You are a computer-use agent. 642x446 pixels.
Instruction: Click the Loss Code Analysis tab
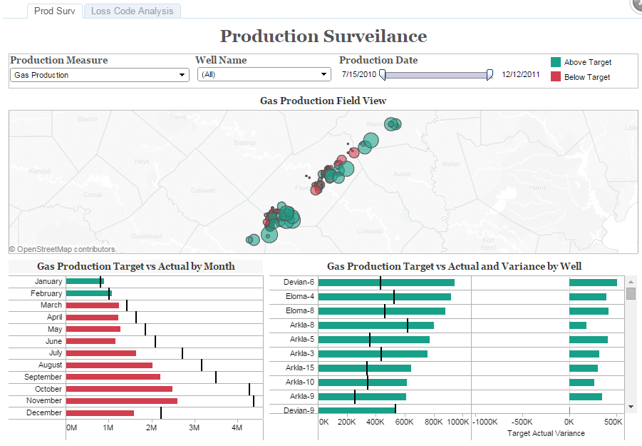(x=133, y=11)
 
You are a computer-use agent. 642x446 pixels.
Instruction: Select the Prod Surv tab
(x=54, y=11)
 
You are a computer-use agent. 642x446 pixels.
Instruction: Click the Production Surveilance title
(x=323, y=36)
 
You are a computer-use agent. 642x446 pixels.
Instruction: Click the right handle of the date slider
(x=490, y=75)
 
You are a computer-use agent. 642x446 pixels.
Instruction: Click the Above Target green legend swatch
(x=556, y=62)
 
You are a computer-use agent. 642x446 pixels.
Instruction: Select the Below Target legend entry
(x=586, y=77)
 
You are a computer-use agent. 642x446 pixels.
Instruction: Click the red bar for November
(x=121, y=401)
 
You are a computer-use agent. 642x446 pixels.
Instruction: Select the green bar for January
(x=84, y=281)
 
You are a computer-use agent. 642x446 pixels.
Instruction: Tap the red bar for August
(x=109, y=365)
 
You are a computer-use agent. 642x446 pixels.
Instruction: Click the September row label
(x=43, y=377)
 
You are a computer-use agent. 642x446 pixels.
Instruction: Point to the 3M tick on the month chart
(x=194, y=427)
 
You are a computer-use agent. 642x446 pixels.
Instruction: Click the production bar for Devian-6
(x=385, y=283)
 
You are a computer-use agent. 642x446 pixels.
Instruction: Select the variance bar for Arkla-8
(x=577, y=325)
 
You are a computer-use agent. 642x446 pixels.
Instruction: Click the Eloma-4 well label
(x=299, y=296)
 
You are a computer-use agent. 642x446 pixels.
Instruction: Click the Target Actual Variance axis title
(x=545, y=433)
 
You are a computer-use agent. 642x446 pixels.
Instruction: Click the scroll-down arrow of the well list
(x=631, y=406)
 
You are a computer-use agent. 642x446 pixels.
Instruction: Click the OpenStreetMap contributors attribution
(x=62, y=250)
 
